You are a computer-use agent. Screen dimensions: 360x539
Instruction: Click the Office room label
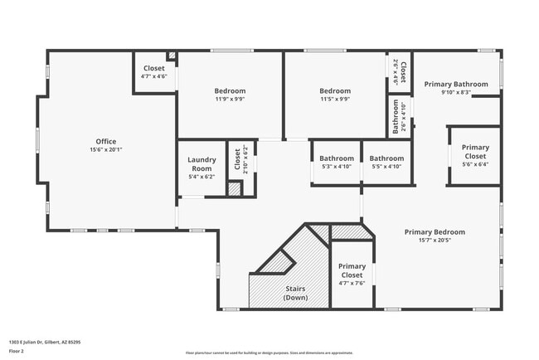(105, 141)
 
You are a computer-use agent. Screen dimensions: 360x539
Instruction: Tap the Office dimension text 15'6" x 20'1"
(105, 150)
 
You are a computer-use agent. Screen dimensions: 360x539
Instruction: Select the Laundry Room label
(202, 163)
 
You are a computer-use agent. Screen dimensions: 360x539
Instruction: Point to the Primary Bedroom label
(435, 232)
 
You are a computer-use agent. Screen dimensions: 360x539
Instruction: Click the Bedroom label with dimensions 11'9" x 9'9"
(230, 90)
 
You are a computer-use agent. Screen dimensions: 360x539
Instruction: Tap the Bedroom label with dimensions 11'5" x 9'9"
(335, 90)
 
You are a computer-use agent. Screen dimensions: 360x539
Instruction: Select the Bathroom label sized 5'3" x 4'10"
(337, 158)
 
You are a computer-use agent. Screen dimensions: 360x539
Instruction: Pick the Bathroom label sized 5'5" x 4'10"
(386, 158)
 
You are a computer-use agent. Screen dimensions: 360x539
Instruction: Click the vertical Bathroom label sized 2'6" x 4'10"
(396, 117)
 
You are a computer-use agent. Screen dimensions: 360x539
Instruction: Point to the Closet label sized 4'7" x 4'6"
(154, 68)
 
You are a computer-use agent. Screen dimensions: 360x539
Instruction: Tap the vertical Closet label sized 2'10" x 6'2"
(237, 158)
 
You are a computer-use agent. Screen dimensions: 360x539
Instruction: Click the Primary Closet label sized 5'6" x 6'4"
(475, 152)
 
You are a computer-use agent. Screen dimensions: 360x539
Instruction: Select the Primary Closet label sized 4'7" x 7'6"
(352, 270)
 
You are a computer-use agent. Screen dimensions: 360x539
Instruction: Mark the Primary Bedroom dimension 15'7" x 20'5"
(435, 241)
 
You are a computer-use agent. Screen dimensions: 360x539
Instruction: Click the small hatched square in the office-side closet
(172, 57)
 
